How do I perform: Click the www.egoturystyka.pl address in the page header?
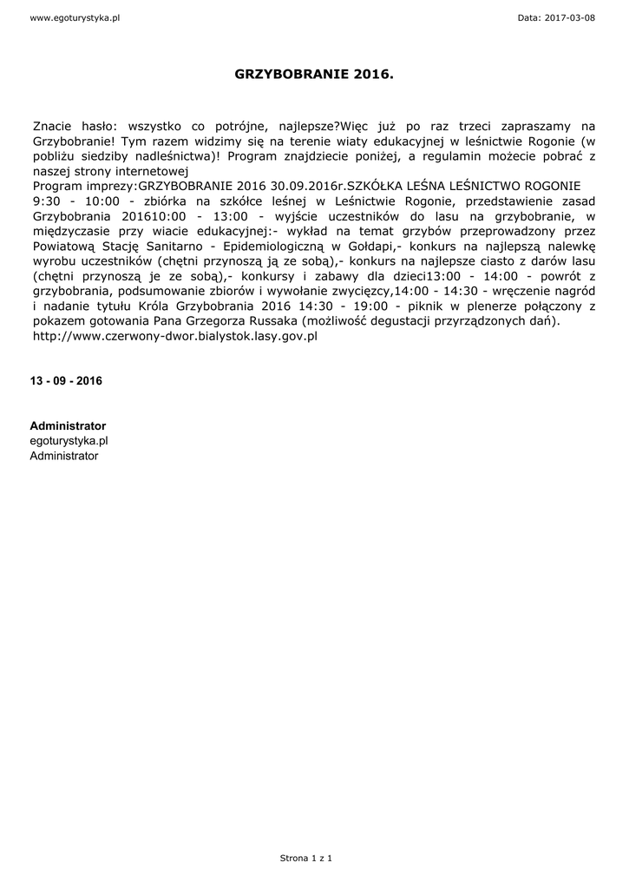62,17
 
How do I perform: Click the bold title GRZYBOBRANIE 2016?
314,76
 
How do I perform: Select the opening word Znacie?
52,126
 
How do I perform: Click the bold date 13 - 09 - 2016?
66,381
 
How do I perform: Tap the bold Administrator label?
68,426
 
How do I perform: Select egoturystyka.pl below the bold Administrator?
69,441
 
